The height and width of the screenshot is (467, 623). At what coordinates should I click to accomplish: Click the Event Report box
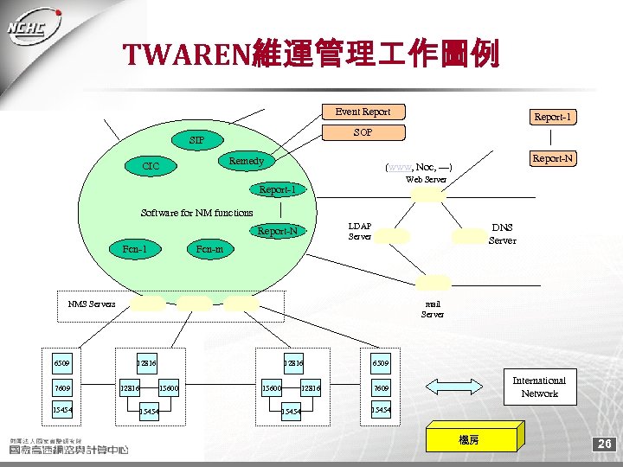pyautogui.click(x=363, y=112)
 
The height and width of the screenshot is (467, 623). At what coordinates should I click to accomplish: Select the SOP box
pyautogui.click(x=363, y=132)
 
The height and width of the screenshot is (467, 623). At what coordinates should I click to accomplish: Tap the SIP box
pyautogui.click(x=197, y=140)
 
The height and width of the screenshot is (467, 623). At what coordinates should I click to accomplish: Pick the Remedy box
pyautogui.click(x=247, y=161)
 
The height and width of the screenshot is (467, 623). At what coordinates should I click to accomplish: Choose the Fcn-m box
pyautogui.click(x=209, y=249)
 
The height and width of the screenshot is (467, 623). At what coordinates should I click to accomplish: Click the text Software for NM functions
pyautogui.click(x=196, y=213)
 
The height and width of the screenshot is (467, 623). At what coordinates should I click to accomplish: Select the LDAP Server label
pyautogui.click(x=360, y=231)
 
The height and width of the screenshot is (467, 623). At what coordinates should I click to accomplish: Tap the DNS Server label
pyautogui.click(x=502, y=233)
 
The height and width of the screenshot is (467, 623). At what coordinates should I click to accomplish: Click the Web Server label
pyautogui.click(x=427, y=180)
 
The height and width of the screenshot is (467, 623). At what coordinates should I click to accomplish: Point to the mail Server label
pyautogui.click(x=433, y=309)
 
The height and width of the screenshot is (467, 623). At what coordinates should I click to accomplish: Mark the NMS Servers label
pyautogui.click(x=92, y=304)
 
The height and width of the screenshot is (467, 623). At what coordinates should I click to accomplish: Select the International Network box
pyautogui.click(x=539, y=387)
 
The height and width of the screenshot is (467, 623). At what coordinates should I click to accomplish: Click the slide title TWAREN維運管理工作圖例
pyautogui.click(x=311, y=56)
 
